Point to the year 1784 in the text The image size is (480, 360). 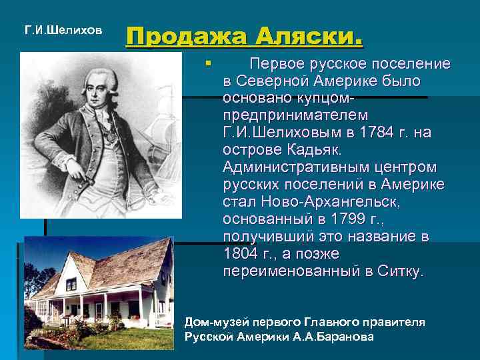tap(346, 133)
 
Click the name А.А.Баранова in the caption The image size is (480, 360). tap(333, 337)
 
